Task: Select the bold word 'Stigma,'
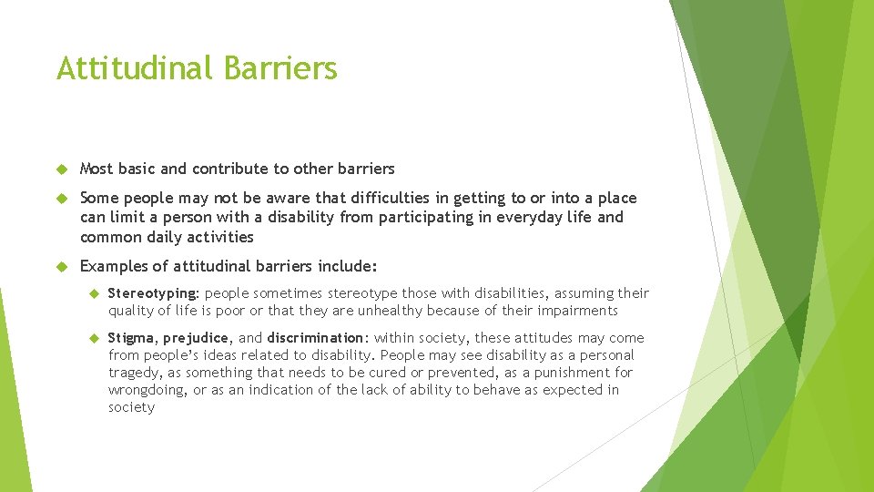(x=133, y=338)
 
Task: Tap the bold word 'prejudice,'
(x=198, y=338)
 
